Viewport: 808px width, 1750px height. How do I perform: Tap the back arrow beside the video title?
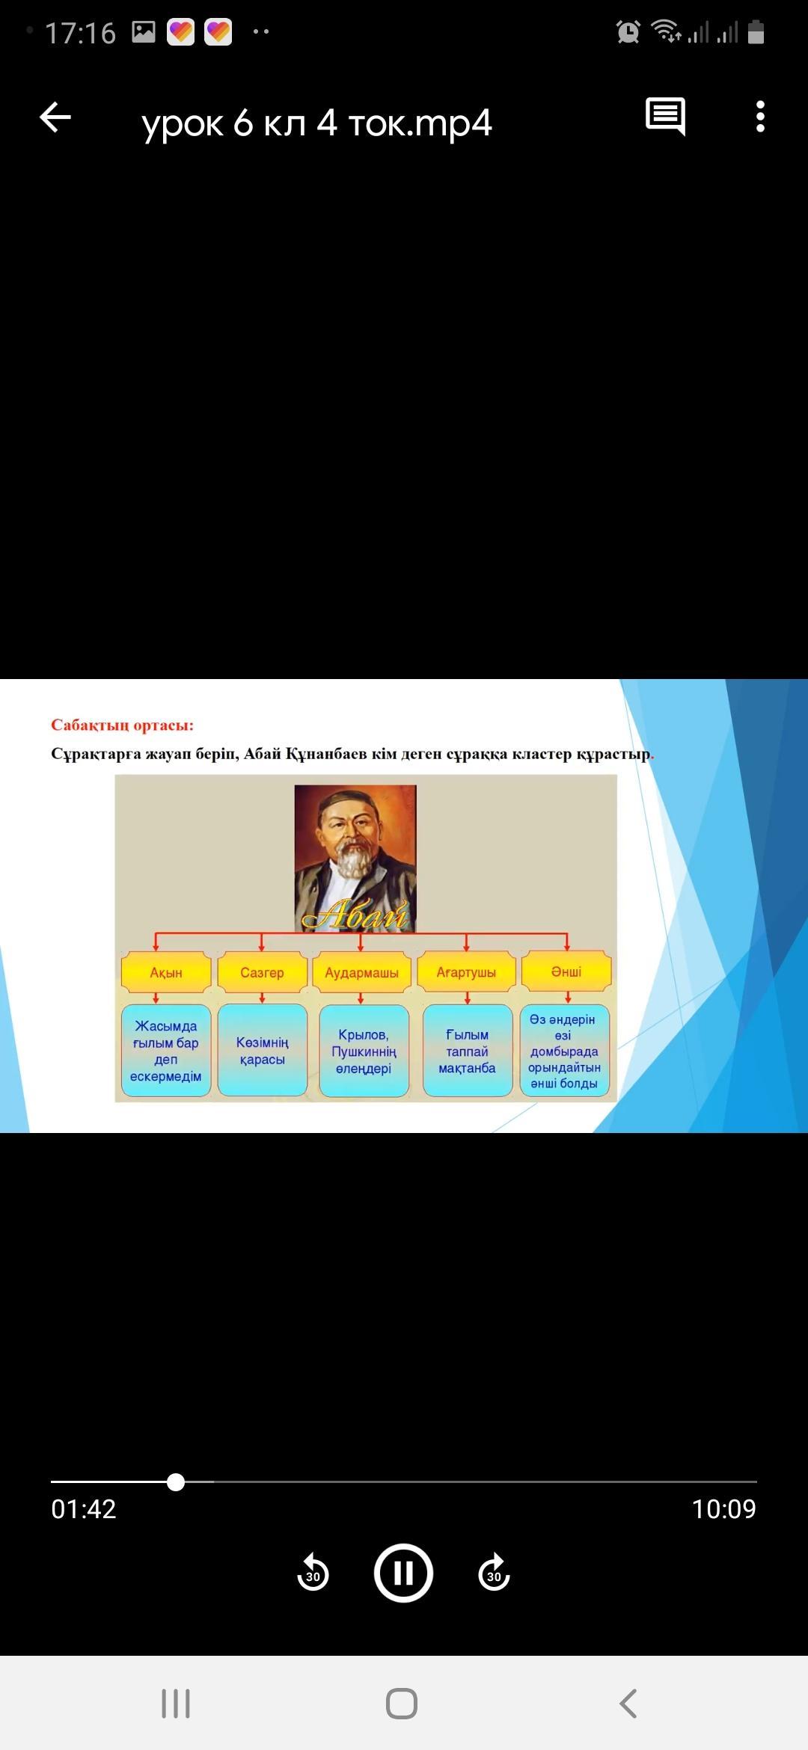[55, 117]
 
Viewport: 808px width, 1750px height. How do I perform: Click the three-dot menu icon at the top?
[760, 117]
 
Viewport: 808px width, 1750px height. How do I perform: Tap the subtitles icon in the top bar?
[665, 117]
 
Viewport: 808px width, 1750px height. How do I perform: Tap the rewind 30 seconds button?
[313, 1572]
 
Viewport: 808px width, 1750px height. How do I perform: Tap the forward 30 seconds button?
[494, 1572]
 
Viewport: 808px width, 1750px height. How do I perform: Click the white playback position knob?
[176, 1482]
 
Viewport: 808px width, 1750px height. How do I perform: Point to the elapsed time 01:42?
[84, 1509]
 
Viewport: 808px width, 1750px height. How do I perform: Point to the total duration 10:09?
[723, 1509]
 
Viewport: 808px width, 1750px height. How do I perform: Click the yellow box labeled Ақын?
[165, 972]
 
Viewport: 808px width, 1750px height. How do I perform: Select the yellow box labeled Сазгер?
[262, 972]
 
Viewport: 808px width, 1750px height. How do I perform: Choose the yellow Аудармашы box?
[362, 972]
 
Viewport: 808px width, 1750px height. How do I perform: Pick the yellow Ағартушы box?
[466, 972]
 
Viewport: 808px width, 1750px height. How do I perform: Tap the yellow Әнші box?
[566, 971]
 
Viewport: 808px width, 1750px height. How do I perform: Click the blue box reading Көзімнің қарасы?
[263, 1051]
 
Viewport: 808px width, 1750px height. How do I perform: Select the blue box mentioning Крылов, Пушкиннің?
[364, 1051]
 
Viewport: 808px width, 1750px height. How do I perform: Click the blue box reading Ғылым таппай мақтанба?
[468, 1051]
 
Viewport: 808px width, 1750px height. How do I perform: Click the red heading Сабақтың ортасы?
[122, 725]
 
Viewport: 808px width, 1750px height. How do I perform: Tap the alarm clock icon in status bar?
[628, 31]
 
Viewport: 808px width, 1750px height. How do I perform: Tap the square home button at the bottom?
[402, 1704]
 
